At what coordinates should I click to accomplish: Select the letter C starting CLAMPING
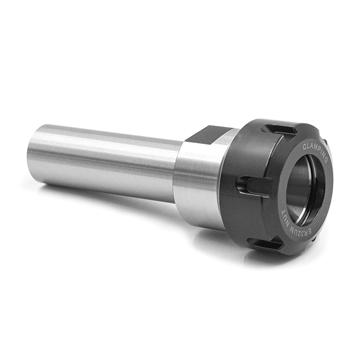(x=305, y=146)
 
